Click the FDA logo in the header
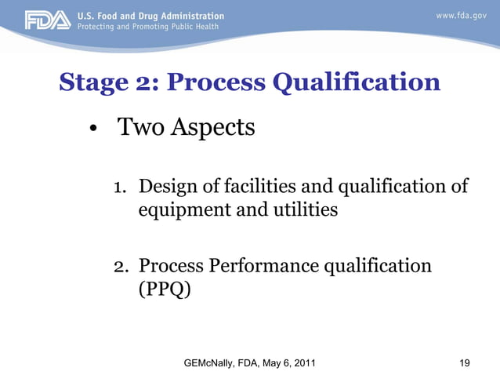tap(47, 20)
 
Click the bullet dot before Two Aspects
tap(92, 130)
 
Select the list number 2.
tap(120, 267)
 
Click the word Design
tap(170, 187)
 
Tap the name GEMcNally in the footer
tap(215, 363)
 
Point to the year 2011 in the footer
tap(303, 363)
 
